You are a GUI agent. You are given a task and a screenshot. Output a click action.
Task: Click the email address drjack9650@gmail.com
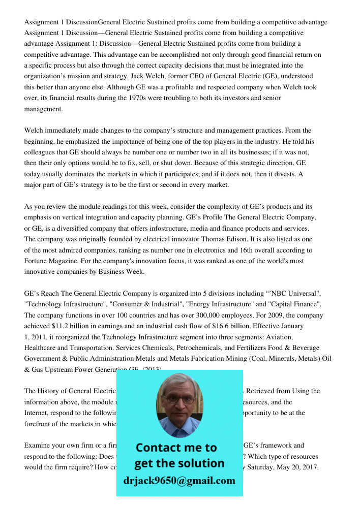[179, 480]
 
